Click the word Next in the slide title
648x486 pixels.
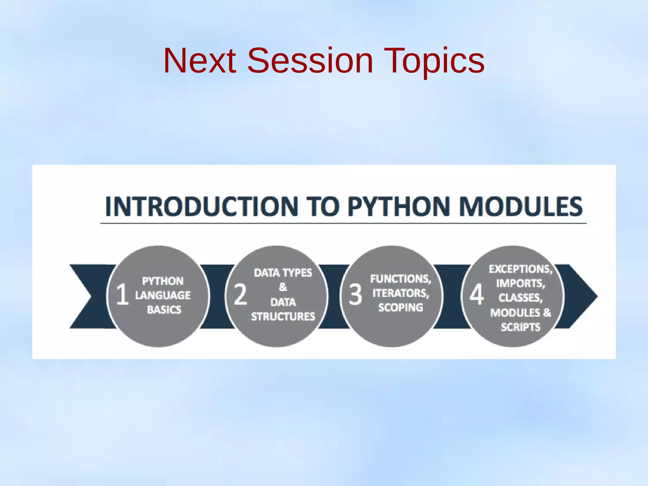(x=200, y=61)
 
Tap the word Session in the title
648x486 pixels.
(x=310, y=61)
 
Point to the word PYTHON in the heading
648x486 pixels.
(x=399, y=207)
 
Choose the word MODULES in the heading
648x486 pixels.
(x=520, y=207)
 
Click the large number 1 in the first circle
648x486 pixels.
(x=122, y=295)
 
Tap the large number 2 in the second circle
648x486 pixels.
(x=240, y=295)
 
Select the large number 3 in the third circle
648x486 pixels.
(x=355, y=295)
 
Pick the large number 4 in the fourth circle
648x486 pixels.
(x=476, y=295)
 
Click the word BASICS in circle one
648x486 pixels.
(x=164, y=310)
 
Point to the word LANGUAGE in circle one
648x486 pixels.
(x=163, y=295)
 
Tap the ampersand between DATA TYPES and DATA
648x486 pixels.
(x=283, y=287)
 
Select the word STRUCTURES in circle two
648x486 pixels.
(x=283, y=317)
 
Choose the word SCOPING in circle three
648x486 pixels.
(x=401, y=307)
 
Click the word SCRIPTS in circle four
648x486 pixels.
(x=520, y=327)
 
